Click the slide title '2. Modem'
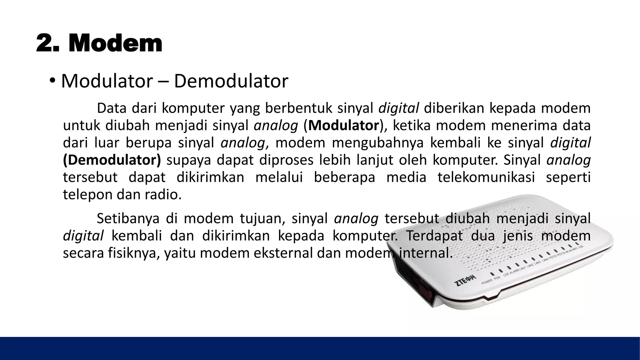click(x=99, y=44)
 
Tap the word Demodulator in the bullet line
click(x=231, y=81)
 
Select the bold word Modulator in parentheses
click(x=343, y=126)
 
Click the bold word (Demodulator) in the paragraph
click(x=112, y=160)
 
